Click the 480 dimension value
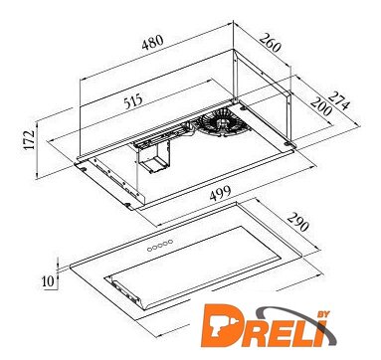coord(152,42)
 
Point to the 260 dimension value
coord(271,43)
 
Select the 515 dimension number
coord(133,101)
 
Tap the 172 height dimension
coord(30,139)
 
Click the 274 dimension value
coord(339,99)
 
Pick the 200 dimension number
coord(320,106)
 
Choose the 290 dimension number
coord(297,222)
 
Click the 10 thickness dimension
coord(48,281)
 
